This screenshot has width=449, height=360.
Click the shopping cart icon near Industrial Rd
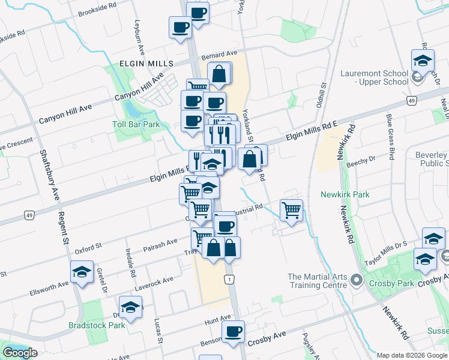tap(291, 211)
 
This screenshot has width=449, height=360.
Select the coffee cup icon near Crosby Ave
tap(233, 331)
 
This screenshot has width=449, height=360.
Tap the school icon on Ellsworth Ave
tap(82, 272)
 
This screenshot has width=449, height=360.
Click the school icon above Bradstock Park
tap(130, 308)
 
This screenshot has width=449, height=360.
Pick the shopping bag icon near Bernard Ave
tap(220, 74)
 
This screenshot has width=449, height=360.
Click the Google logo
tap(20, 353)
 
